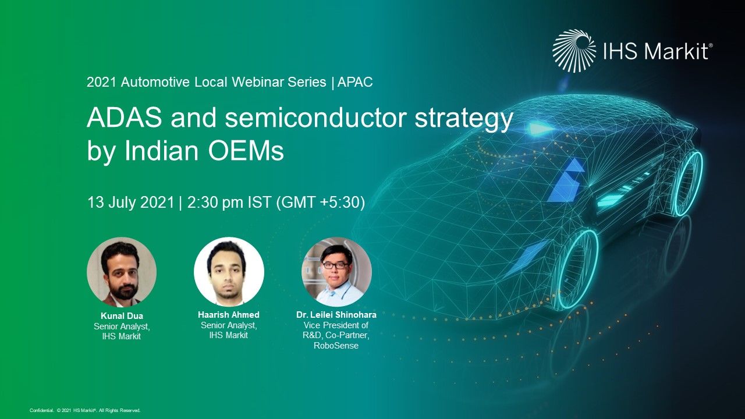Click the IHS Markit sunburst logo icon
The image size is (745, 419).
574,51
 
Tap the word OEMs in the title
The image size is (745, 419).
246,151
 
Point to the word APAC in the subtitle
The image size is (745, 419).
355,82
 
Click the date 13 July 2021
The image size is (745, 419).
131,202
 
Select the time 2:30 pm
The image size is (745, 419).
216,202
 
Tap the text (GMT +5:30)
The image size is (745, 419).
321,202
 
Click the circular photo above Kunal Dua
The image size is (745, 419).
122,272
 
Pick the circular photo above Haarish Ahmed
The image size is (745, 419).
229,272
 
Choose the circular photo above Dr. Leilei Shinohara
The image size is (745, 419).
336,272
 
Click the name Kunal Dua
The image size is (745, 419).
122,316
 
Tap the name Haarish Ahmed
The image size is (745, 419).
229,315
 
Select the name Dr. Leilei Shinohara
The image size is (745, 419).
336,315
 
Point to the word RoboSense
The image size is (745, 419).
336,346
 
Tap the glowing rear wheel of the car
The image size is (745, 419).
689,183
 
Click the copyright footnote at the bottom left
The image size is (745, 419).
85,411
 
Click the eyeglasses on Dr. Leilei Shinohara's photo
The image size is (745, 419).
335,265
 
